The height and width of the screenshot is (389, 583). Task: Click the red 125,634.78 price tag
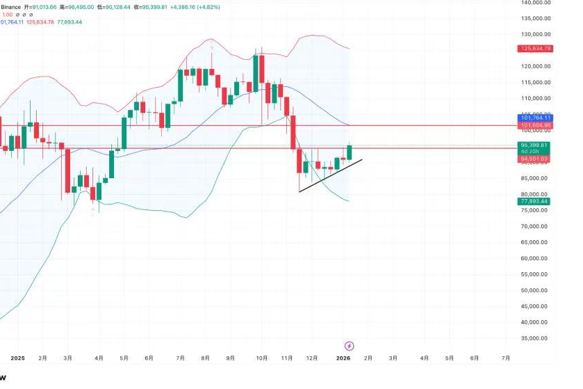pyautogui.click(x=535, y=49)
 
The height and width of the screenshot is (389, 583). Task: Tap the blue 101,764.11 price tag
pyautogui.click(x=535, y=118)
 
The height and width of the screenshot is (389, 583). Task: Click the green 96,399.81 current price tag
pyautogui.click(x=535, y=145)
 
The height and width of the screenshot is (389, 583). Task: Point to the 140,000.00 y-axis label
pyautogui.click(x=536, y=3)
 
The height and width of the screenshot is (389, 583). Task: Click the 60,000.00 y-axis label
pyautogui.click(x=536, y=258)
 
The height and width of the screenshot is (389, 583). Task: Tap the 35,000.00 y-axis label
pyautogui.click(x=536, y=338)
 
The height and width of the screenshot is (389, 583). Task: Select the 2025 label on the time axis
pyautogui.click(x=17, y=358)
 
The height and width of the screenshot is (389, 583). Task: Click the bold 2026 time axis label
pyautogui.click(x=343, y=358)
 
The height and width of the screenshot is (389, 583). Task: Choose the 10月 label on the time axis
pyautogui.click(x=262, y=358)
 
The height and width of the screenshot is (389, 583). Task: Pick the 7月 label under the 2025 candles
pyautogui.click(x=181, y=358)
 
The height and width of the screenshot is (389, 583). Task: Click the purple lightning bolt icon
pyautogui.click(x=350, y=346)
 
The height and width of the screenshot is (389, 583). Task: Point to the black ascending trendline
pyautogui.click(x=330, y=177)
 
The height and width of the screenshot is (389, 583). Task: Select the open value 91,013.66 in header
pyautogui.click(x=41, y=6)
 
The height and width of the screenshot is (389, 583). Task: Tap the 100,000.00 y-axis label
pyautogui.click(x=536, y=130)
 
